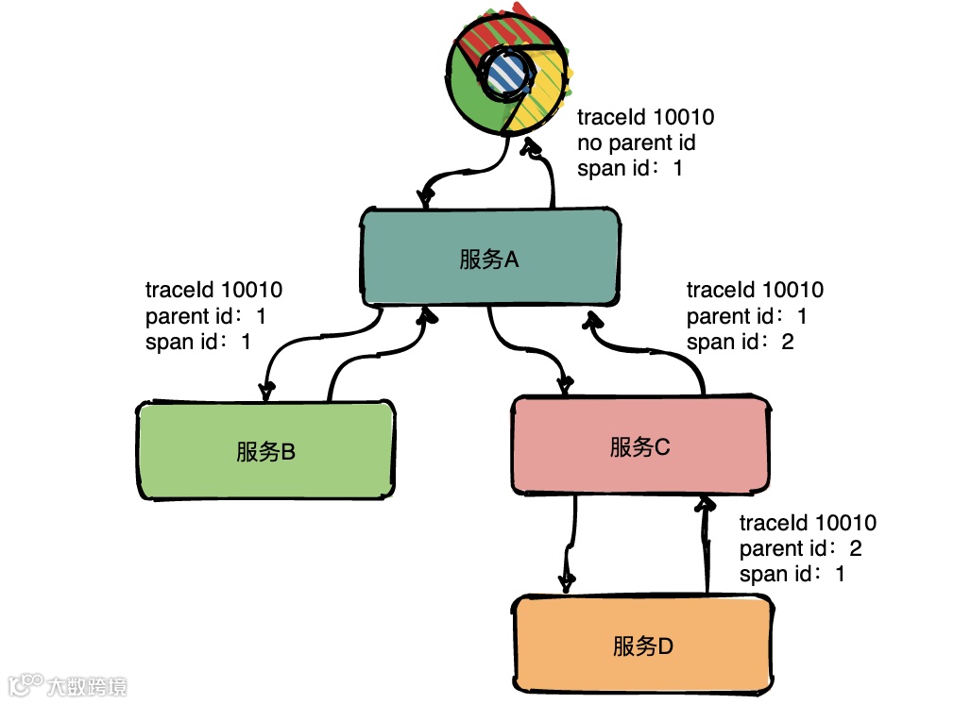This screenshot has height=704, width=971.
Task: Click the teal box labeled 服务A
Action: coord(490,259)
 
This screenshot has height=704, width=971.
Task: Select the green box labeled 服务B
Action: coord(265,451)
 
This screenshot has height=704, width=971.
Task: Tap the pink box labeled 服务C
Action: coord(639,446)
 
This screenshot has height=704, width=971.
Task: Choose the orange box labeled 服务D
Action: coord(642,646)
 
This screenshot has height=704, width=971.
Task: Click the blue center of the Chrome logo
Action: coord(503,72)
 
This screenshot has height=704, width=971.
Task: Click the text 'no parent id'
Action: coord(636,143)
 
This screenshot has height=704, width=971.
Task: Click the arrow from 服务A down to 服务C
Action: coord(529,354)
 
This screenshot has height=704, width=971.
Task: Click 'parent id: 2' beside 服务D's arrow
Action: coord(800,548)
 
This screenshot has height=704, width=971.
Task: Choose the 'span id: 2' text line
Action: coord(740,342)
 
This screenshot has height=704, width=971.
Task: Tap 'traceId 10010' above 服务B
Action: coord(213,290)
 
